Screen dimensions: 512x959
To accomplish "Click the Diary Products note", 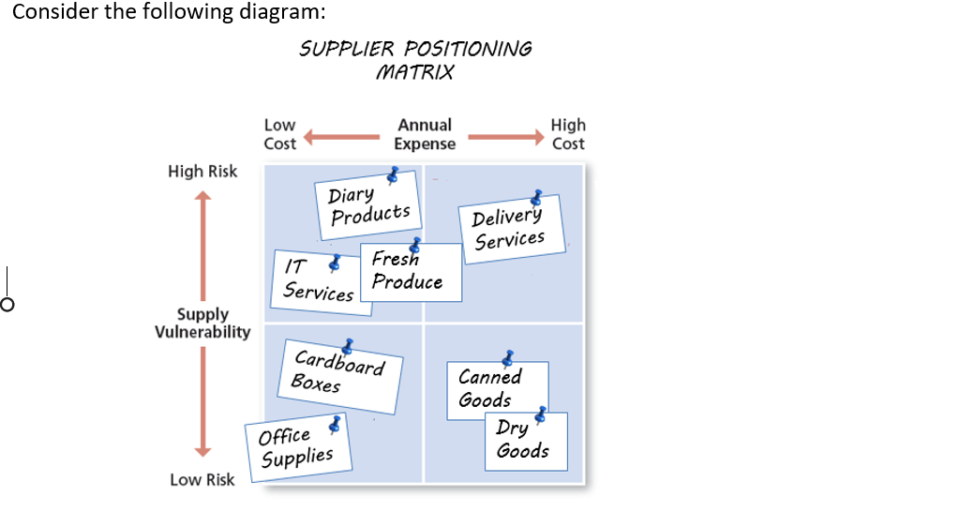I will coord(368,204).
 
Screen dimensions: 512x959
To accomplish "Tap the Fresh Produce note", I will coord(410,272).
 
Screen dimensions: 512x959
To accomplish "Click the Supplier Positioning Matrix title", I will coord(415,60).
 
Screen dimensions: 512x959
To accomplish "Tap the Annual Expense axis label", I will coord(425,134).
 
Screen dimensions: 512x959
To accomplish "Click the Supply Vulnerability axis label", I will coord(202,323).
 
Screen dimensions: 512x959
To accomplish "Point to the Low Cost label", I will coord(279,134).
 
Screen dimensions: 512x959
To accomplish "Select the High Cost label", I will coord(568,134).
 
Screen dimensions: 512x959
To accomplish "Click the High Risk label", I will coord(202,171).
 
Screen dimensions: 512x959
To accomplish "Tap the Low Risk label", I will coord(202,479).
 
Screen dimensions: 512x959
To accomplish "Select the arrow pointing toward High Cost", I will coord(505,139).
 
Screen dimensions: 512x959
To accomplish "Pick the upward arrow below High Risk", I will coord(202,244).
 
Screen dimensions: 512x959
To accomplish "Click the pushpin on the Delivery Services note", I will coord(536,198).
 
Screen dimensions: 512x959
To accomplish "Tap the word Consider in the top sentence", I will coord(54,12).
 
